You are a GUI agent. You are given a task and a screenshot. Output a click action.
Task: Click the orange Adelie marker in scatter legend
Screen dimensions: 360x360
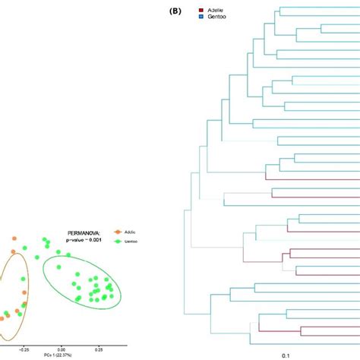click(118, 231)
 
